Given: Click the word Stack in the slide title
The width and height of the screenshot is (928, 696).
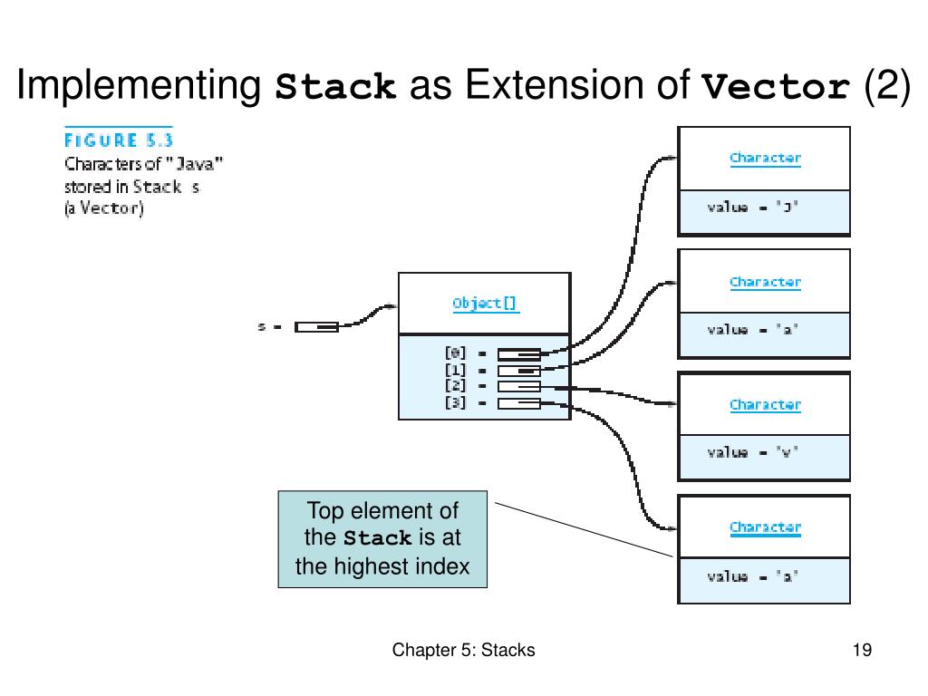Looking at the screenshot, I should tap(336, 87).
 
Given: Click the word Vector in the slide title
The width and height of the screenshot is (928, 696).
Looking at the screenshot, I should tap(777, 87).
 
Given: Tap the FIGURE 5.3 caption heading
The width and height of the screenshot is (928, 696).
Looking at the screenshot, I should tap(118, 140).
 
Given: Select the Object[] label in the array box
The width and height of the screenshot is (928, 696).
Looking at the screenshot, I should tap(485, 304).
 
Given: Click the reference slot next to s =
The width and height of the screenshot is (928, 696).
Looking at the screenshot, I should tap(316, 327).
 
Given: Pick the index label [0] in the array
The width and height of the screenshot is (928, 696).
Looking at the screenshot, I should tap(454, 353).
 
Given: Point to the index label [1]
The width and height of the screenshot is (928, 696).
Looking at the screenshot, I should tap(454, 370).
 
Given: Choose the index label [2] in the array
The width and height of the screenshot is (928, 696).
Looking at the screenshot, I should tap(454, 386).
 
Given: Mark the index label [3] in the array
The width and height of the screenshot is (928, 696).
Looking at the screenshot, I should tap(454, 402).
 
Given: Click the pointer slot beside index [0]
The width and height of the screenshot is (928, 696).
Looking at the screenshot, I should tap(518, 353).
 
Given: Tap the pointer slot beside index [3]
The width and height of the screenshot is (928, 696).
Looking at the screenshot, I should tap(518, 403).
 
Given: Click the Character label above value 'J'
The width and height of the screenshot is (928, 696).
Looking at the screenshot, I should tap(765, 158).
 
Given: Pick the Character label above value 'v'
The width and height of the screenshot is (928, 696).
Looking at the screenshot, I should tap(765, 404).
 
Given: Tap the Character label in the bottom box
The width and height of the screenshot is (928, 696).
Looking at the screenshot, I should tap(765, 527).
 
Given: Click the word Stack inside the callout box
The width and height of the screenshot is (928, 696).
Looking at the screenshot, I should tap(378, 538).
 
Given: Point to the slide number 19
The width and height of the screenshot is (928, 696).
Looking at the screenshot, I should tap(862, 650).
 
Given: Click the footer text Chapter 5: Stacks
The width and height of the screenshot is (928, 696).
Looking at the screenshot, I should tap(463, 650).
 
